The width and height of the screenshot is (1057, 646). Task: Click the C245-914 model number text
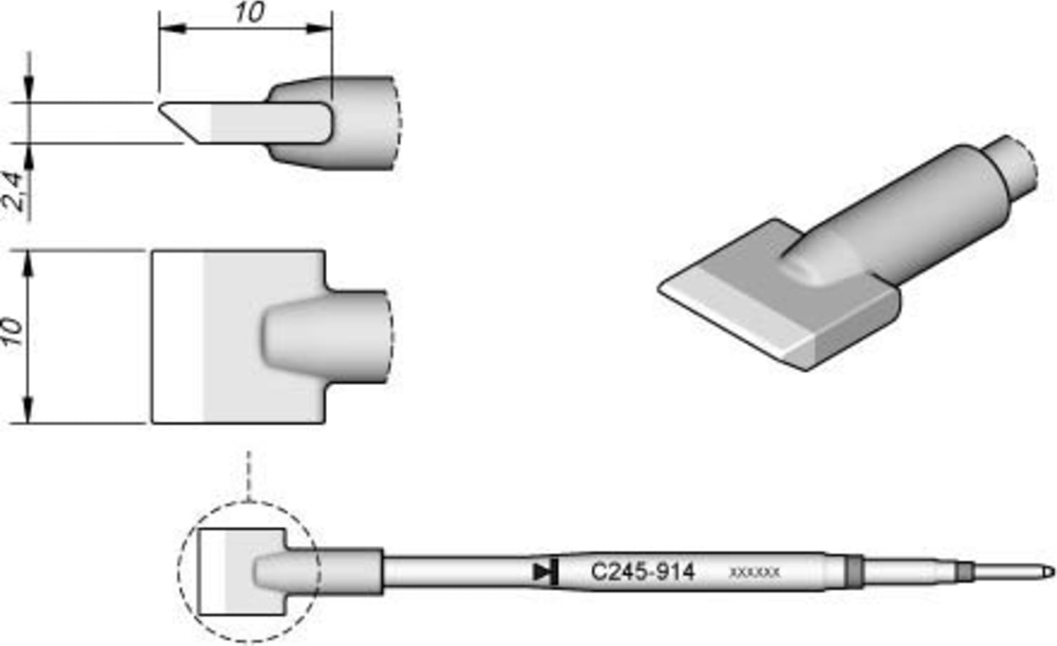coord(642,572)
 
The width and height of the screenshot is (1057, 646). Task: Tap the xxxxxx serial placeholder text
coord(754,573)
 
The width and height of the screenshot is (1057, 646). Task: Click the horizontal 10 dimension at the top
coord(249,12)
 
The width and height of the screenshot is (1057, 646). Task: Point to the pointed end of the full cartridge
coord(1048,572)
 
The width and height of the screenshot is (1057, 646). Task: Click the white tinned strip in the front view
coord(178,337)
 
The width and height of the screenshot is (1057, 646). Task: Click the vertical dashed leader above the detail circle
coord(249,474)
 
